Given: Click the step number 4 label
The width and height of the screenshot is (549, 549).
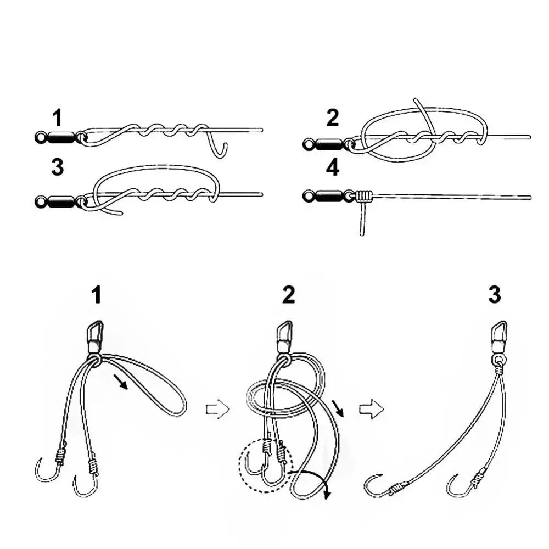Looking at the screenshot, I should click(x=333, y=168).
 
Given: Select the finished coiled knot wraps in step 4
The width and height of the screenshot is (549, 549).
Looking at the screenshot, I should click(x=363, y=195).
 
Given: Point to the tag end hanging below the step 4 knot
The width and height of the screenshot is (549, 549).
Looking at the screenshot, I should click(x=362, y=220).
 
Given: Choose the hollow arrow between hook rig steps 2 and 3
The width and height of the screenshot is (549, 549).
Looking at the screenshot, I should click(x=371, y=410).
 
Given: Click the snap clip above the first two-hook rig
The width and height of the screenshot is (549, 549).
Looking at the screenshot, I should click(x=94, y=335).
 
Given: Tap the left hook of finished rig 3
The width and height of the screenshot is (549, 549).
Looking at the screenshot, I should click(x=376, y=486).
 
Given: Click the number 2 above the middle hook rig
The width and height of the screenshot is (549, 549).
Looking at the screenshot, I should click(x=288, y=295).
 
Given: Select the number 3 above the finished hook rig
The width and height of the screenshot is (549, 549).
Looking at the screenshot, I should click(x=494, y=295).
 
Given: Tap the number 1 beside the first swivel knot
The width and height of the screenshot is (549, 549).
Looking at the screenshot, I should click(x=58, y=118).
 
